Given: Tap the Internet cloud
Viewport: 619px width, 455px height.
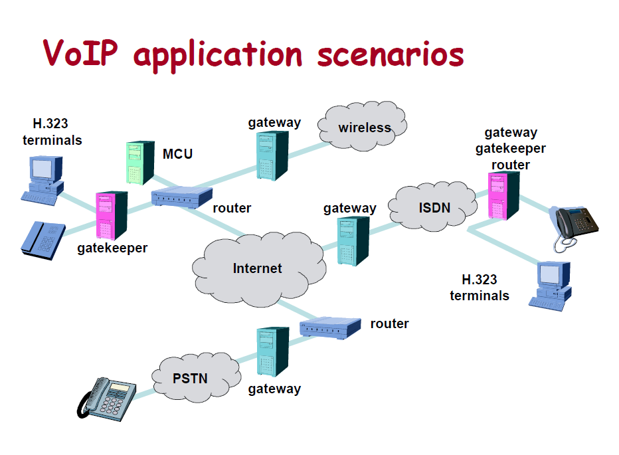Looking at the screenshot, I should (x=258, y=268).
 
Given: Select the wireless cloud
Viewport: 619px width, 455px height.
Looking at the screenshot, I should (x=363, y=127).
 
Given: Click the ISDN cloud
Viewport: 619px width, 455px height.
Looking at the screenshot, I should (x=434, y=207).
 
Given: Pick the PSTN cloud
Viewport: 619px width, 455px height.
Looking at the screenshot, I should (x=190, y=379).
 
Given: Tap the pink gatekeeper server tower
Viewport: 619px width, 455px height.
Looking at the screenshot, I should (x=111, y=215).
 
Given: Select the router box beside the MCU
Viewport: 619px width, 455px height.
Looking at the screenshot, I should (x=181, y=197).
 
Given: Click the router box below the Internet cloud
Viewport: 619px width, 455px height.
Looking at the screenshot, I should (x=330, y=326).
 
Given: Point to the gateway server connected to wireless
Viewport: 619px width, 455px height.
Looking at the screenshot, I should (x=272, y=155).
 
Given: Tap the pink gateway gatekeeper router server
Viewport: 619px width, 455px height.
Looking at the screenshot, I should (x=503, y=196).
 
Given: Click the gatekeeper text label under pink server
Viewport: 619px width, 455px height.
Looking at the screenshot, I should (x=112, y=248).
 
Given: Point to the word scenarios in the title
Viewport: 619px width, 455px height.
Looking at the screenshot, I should (x=390, y=53).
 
